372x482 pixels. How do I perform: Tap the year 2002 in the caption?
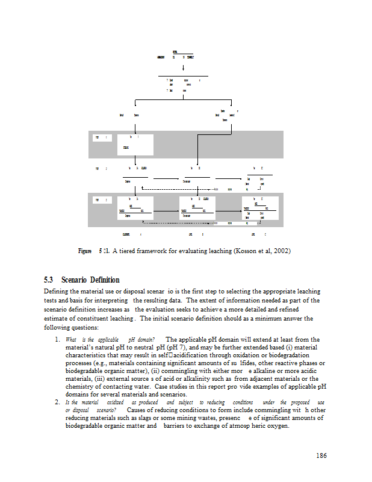[x=281, y=251]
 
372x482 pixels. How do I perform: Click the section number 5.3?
[x=49, y=280]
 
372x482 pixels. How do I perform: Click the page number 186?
[x=321, y=455]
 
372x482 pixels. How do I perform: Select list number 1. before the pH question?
[x=57, y=340]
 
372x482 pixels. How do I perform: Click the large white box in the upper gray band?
[x=136, y=145]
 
